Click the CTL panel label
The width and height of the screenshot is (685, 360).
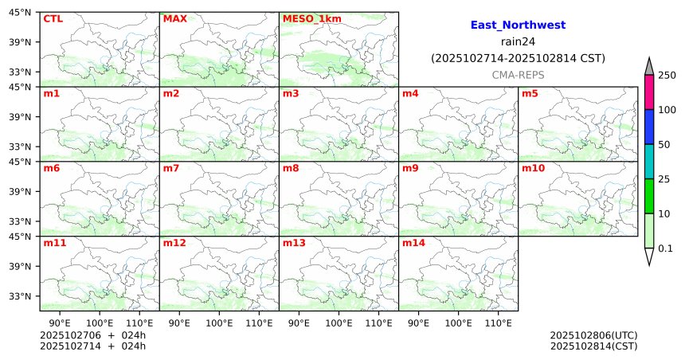pos(53,18)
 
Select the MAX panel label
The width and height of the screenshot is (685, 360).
pos(174,18)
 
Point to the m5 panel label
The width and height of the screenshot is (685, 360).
pos(530,94)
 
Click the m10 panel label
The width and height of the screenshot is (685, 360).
pos(533,169)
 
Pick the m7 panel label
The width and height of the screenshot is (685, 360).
pos(171,169)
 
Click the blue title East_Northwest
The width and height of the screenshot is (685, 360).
pos(518,25)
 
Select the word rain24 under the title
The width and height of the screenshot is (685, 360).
pos(518,41)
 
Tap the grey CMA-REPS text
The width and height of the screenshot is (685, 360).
pos(518,74)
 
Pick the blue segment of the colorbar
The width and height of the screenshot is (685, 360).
pos(649,127)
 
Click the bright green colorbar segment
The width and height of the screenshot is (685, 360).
pos(649,196)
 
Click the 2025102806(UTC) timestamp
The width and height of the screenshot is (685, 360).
pos(593,335)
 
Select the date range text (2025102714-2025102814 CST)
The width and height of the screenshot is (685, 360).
pos(518,58)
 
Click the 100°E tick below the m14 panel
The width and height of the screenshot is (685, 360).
pos(459,323)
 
